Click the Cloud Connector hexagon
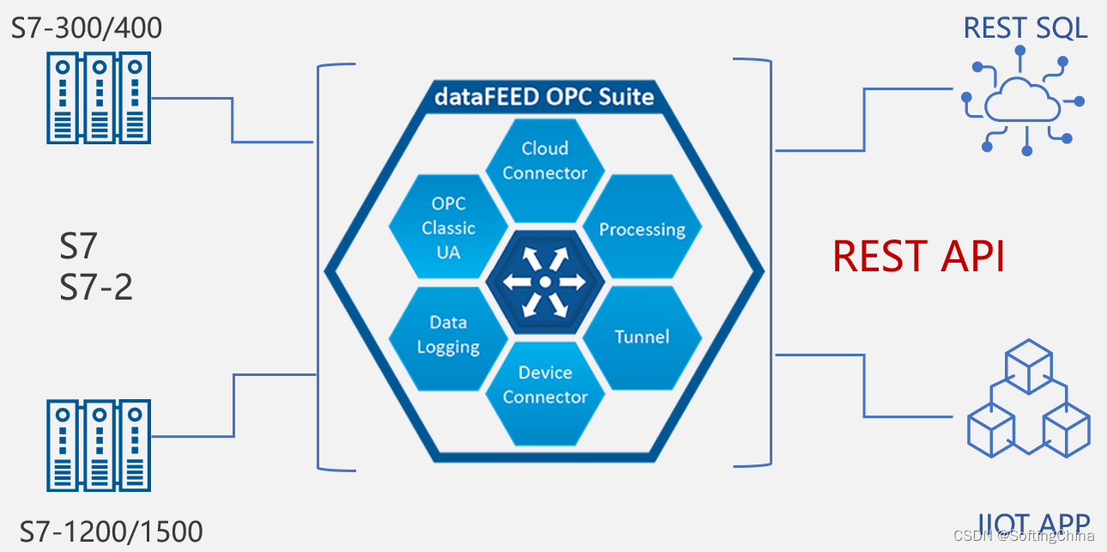coord(545,161)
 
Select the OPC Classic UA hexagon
coord(448,227)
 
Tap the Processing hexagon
coord(642,229)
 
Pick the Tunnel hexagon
coord(642,337)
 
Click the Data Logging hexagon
coord(448,335)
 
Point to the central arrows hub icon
coord(544,282)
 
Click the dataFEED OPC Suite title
coord(544,96)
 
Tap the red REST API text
coord(918,256)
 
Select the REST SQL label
coord(1025,27)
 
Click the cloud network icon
coord(1021,101)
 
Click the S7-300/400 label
coord(87,28)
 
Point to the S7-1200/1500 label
coord(111,531)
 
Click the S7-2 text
coord(96,287)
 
